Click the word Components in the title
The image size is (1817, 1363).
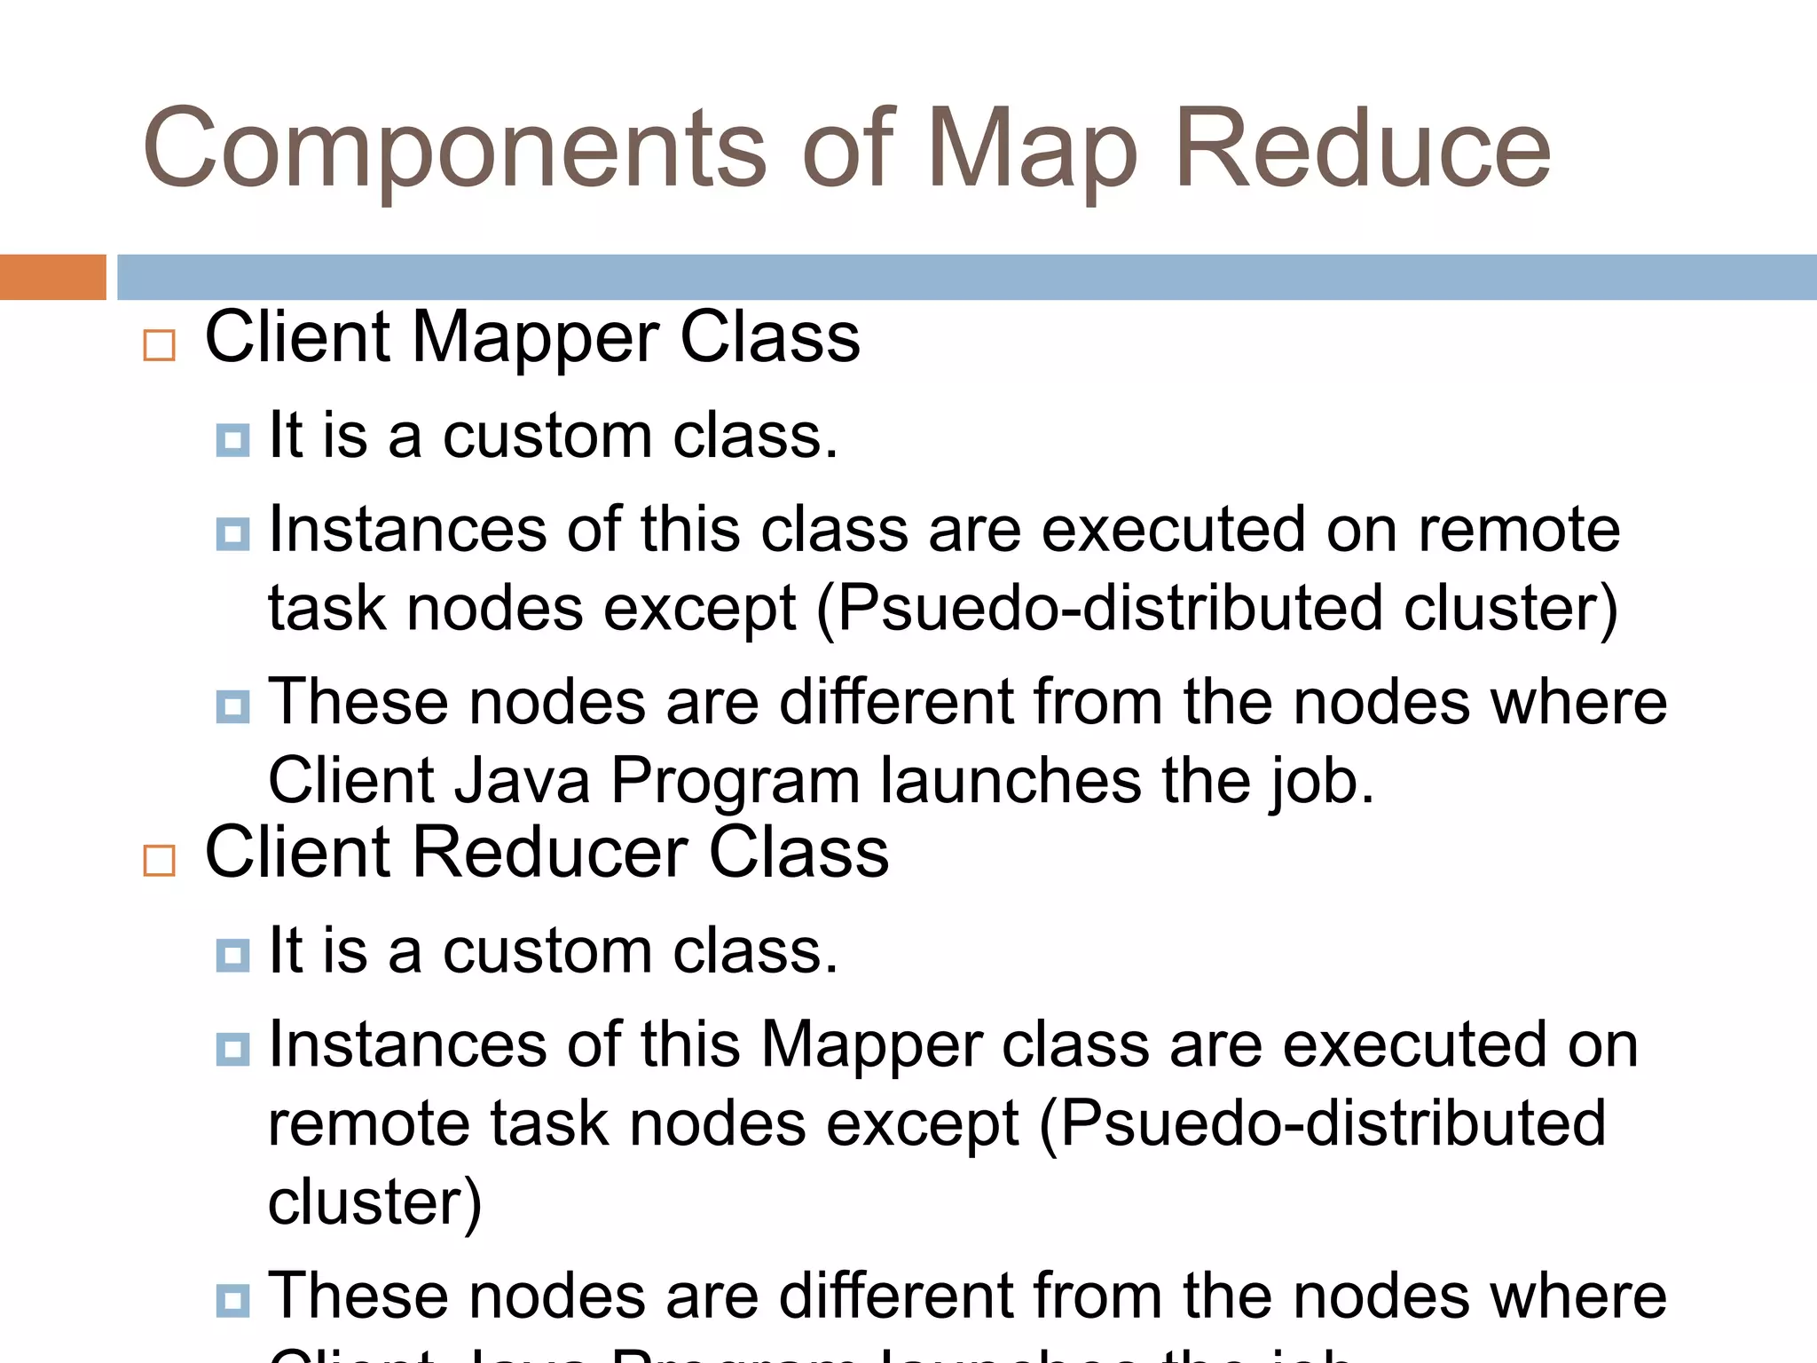click(x=453, y=149)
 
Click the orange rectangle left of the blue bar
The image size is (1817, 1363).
click(x=52, y=277)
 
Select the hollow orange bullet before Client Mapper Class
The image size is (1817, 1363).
click(x=159, y=345)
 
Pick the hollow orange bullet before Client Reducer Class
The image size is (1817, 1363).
click(x=159, y=860)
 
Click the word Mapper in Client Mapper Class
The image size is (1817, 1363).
click(x=535, y=338)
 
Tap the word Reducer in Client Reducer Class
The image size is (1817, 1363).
click(x=550, y=853)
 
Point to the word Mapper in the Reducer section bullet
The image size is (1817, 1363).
click(x=870, y=1045)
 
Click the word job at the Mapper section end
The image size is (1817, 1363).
click(x=1320, y=781)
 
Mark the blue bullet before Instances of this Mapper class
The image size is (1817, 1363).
click(x=232, y=1049)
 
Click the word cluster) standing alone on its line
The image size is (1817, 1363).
click(x=374, y=1203)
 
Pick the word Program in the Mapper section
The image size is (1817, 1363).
click(x=735, y=781)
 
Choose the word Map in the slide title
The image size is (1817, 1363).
click(x=1031, y=149)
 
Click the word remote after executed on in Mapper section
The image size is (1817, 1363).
click(x=1518, y=530)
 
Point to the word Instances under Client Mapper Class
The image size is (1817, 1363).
click(x=407, y=530)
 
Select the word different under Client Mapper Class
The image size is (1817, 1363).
click(x=895, y=702)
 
